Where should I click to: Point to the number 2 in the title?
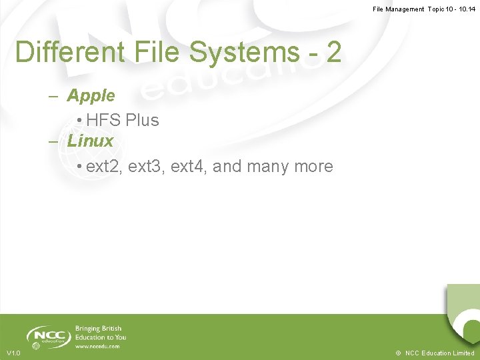pos(333,52)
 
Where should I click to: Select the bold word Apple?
pos(91,95)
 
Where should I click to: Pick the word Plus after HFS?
pos(141,120)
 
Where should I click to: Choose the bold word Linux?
pos(91,141)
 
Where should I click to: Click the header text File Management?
pos(398,9)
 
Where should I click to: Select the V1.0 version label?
pos(13,353)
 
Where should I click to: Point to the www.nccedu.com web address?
pos(97,346)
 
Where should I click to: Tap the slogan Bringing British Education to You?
pos(101,333)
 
